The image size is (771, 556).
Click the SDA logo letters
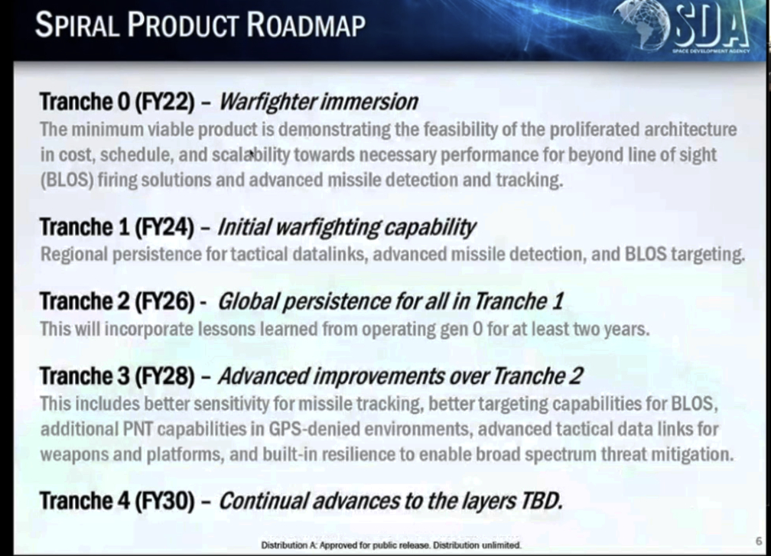point(711,25)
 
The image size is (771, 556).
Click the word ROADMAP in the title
point(306,24)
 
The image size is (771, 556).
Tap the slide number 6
point(759,541)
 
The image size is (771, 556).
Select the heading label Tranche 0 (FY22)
point(118,102)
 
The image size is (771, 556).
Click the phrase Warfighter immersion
point(318,102)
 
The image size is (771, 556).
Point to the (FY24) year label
point(164,227)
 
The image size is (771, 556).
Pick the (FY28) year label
point(164,376)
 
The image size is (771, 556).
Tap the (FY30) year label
point(164,501)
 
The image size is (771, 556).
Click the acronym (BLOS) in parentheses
point(67,180)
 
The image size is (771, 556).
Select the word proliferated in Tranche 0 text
point(595,130)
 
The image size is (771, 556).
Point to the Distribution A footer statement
point(391,545)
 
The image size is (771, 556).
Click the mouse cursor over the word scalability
point(252,154)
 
